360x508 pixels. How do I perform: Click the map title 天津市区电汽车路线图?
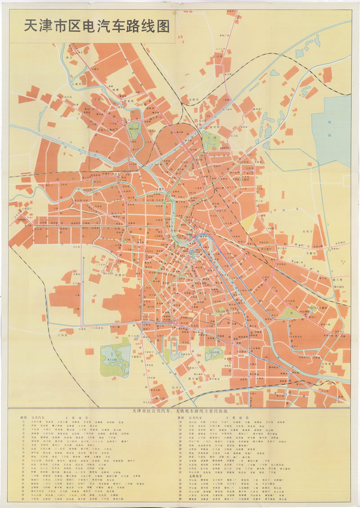[x=97, y=27]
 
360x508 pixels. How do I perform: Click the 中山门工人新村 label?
[x=315, y=307]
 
